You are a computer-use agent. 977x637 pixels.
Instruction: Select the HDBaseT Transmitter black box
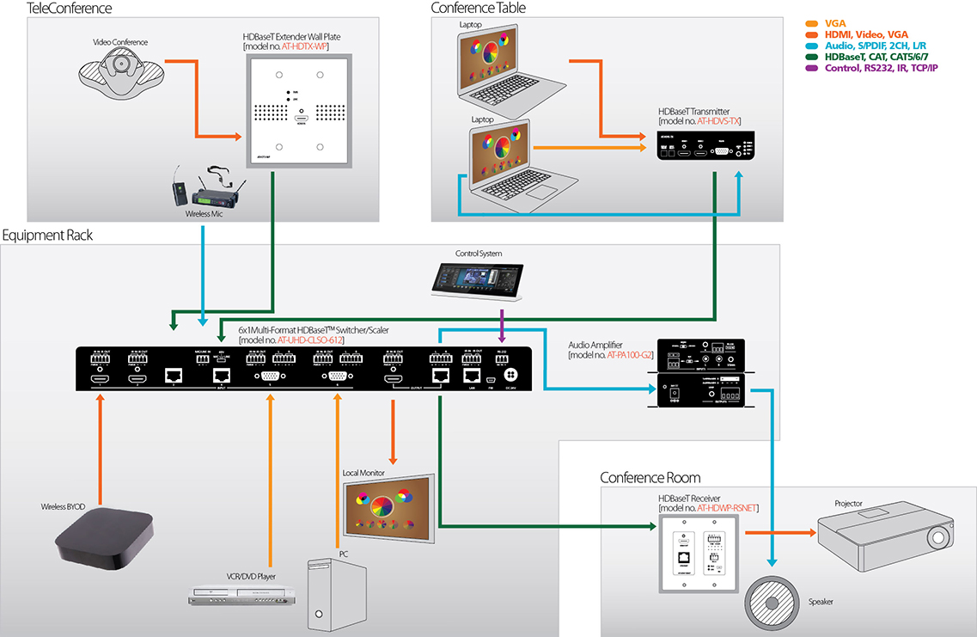[x=704, y=148]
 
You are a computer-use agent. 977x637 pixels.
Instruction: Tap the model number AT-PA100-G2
[x=631, y=354]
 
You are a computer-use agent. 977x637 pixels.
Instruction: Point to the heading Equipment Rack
[x=47, y=235]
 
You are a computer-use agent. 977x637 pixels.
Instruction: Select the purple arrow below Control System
[x=502, y=325]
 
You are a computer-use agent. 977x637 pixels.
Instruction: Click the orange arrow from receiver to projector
[x=779, y=532]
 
